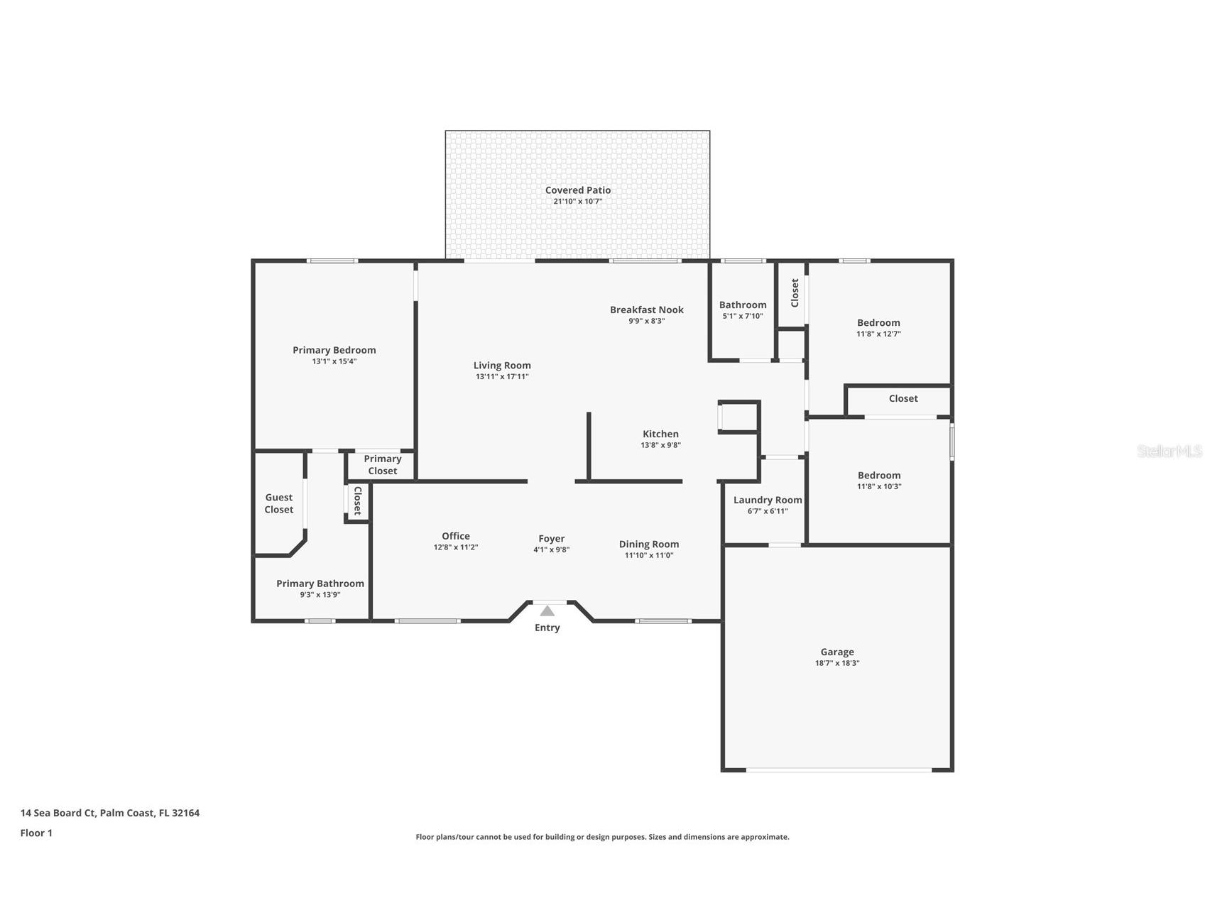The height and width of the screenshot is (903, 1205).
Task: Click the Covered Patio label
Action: (577, 190)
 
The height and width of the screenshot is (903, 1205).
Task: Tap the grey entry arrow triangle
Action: (547, 611)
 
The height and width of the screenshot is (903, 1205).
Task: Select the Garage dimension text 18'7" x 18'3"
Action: (837, 663)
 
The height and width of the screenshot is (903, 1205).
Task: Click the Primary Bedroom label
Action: (334, 350)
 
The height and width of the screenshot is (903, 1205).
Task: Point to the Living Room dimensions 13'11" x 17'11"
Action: (502, 377)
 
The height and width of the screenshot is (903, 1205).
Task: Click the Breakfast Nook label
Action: (646, 310)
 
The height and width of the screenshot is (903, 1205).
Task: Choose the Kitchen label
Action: (660, 434)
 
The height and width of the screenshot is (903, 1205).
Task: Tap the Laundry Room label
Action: (768, 500)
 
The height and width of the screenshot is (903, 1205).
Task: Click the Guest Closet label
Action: (278, 503)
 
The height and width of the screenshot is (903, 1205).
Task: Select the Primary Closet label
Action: (382, 465)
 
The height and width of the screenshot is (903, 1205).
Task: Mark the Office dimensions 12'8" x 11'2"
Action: (455, 547)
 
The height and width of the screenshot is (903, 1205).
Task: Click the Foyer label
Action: (551, 539)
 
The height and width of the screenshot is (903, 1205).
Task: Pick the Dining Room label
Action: (648, 544)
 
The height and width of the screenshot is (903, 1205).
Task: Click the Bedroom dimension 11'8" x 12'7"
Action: (878, 334)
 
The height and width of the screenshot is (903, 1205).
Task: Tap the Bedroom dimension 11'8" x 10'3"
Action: (879, 486)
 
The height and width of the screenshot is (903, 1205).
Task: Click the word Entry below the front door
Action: (547, 628)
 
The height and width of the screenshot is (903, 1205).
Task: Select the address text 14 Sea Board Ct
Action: (58, 813)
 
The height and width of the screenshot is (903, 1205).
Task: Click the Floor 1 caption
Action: (36, 833)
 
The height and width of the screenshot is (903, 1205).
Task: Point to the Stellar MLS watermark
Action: (1169, 451)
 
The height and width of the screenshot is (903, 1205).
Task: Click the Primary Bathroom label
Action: (320, 584)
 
